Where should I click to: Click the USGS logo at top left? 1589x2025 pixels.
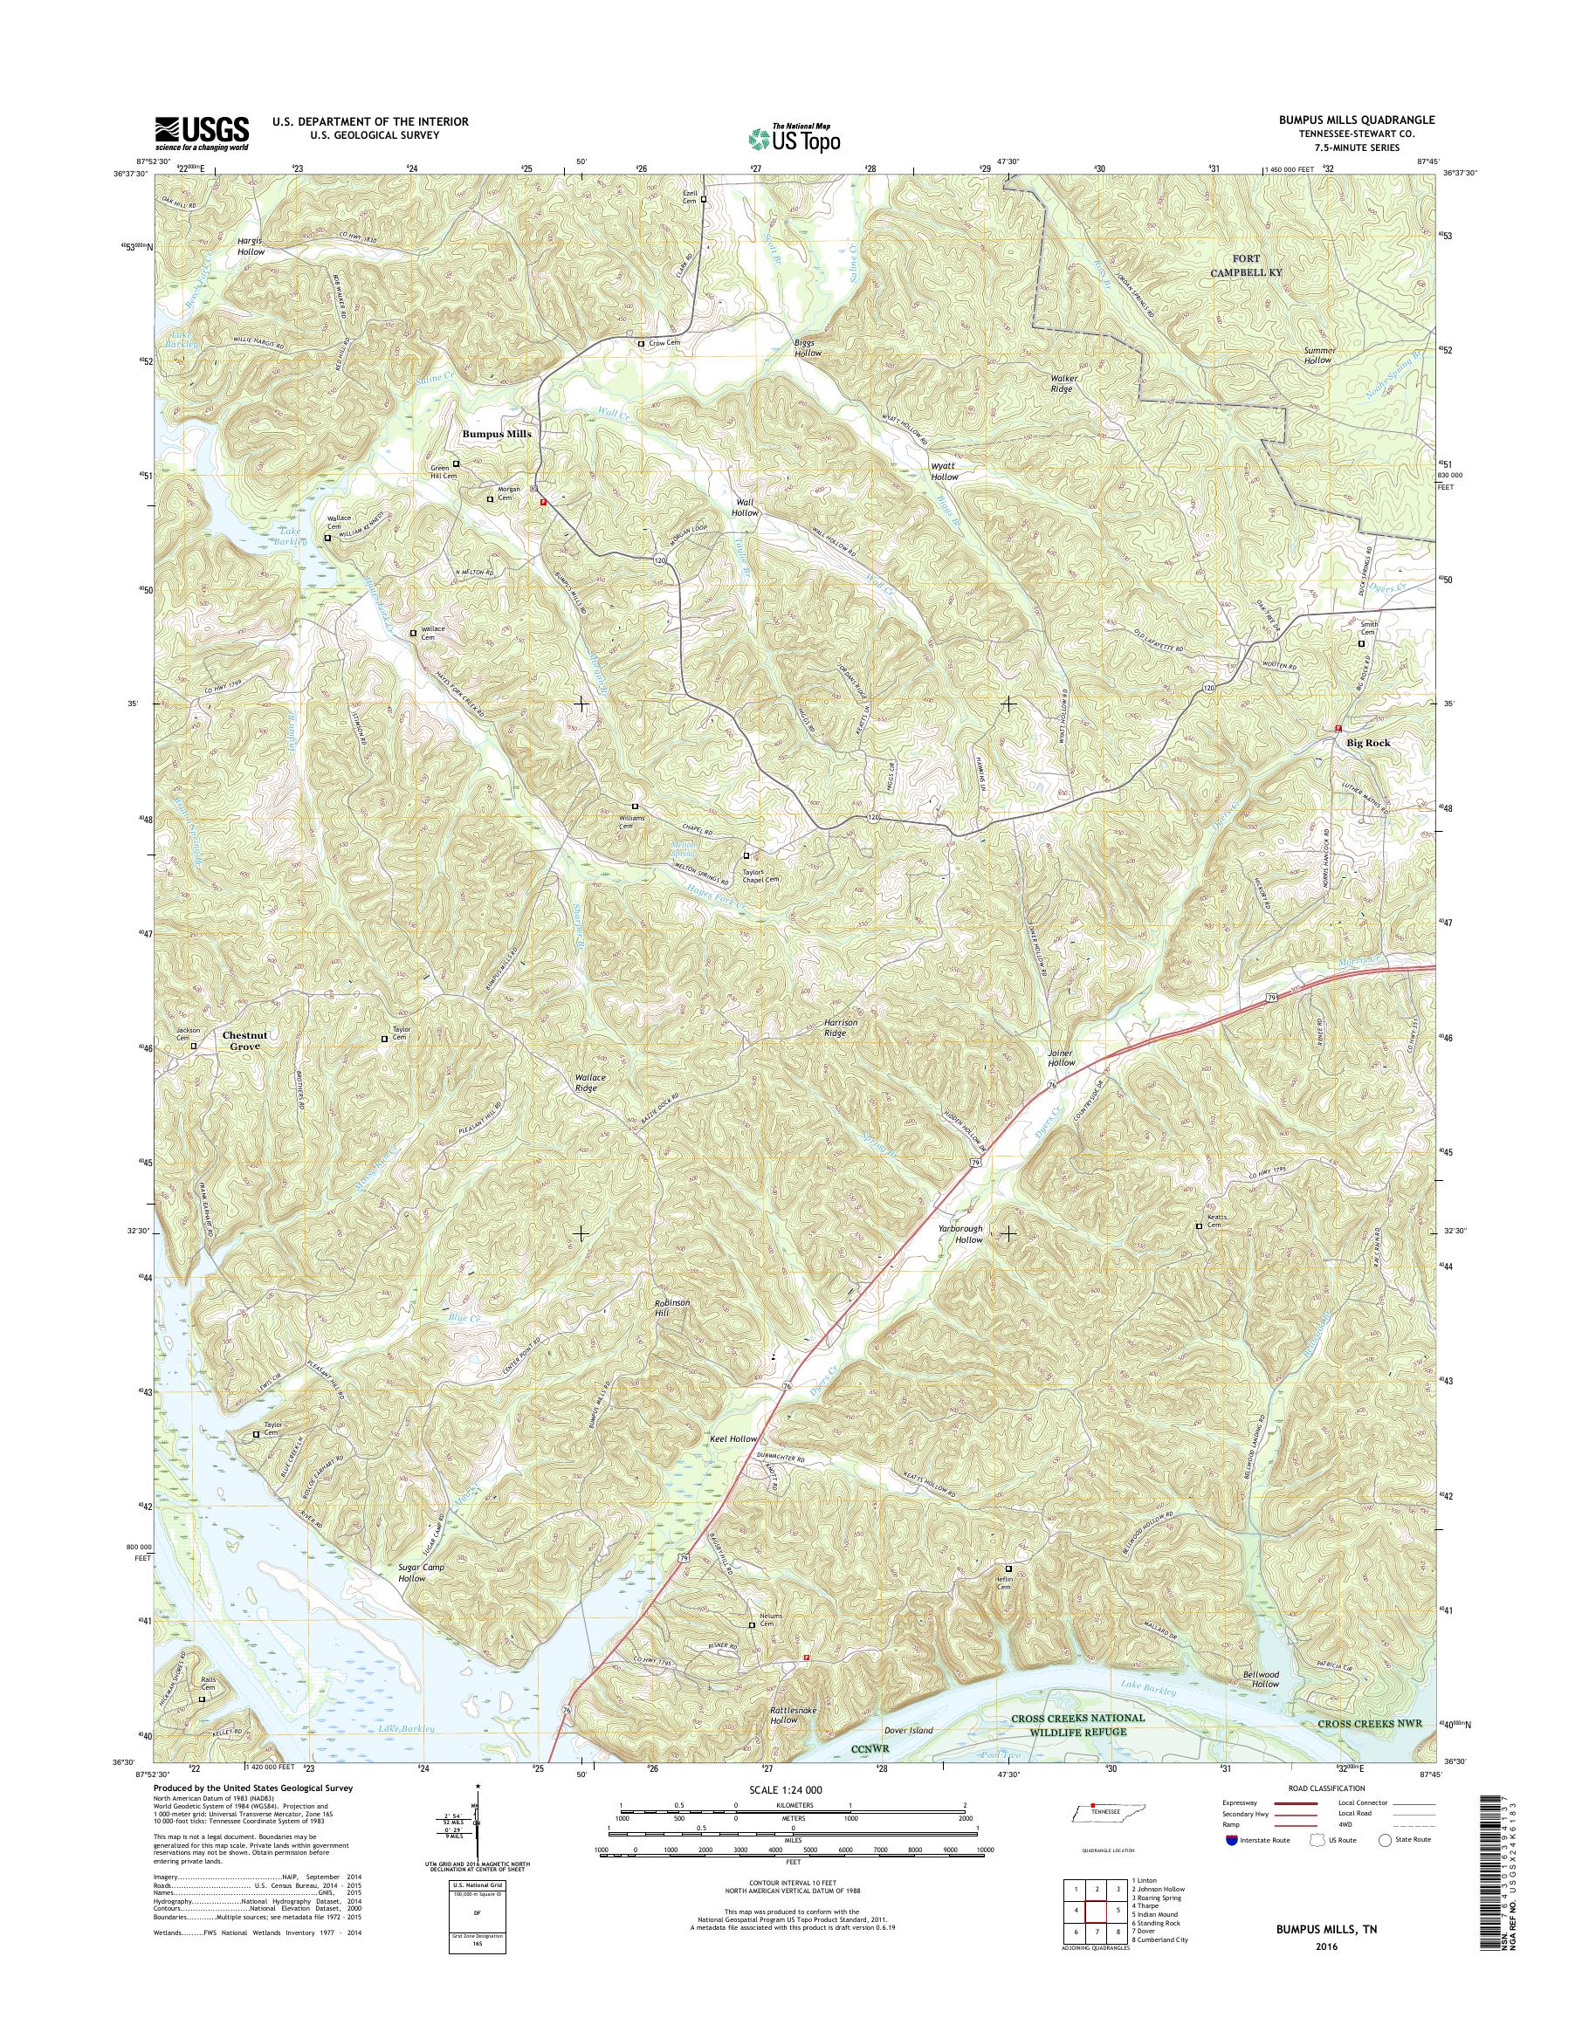[202, 133]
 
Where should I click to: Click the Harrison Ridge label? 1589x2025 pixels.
[839, 1028]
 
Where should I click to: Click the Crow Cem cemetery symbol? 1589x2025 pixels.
[641, 344]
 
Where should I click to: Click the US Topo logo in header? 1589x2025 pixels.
[794, 138]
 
